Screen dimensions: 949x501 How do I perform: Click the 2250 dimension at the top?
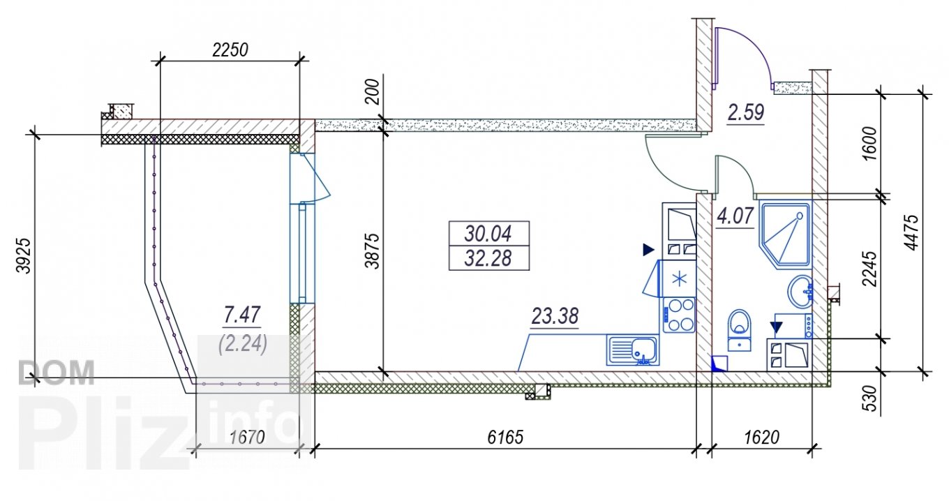click(230, 50)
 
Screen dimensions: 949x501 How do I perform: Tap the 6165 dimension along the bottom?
click(505, 437)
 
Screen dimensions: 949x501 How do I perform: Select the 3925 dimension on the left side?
click(24, 256)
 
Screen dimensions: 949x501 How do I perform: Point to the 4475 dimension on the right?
click(911, 233)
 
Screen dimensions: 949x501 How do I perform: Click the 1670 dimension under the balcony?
click(247, 437)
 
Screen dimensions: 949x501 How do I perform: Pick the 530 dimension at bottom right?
click(869, 398)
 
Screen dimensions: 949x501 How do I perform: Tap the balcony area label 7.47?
click(241, 315)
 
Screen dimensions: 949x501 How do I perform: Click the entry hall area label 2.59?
click(746, 112)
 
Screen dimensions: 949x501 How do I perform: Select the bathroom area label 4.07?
click(735, 216)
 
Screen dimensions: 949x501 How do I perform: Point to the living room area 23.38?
click(555, 316)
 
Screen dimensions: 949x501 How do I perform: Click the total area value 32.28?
click(488, 258)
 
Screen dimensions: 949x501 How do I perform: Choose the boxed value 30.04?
click(488, 234)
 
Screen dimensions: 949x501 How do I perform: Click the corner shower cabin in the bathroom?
click(786, 235)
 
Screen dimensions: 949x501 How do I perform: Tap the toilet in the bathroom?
click(739, 330)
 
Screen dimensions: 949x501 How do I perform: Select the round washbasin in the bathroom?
click(800, 291)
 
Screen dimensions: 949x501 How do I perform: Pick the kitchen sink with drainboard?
click(633, 350)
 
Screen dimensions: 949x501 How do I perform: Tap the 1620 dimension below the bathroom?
click(762, 437)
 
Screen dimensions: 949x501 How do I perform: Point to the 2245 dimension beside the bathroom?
click(869, 269)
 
